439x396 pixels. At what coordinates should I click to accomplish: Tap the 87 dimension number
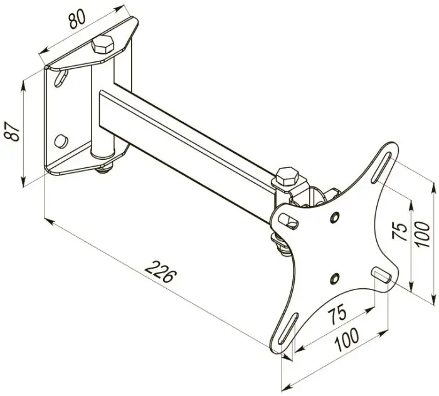[x=13, y=131]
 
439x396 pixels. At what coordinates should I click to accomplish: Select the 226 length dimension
[x=161, y=271]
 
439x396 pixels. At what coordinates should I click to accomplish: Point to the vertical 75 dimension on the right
[x=399, y=231]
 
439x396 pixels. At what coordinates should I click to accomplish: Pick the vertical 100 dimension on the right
[x=422, y=234]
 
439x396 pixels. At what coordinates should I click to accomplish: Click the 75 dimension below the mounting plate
[x=337, y=316]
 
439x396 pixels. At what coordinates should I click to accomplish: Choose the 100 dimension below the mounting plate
[x=347, y=340]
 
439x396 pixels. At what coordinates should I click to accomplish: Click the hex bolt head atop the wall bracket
[x=103, y=44]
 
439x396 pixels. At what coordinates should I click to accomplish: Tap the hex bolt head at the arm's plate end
[x=287, y=176]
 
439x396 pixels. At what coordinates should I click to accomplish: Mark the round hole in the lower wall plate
[x=61, y=141]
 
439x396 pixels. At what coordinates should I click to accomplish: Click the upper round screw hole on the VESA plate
[x=334, y=217]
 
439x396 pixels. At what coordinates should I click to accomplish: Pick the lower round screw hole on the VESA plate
[x=334, y=278]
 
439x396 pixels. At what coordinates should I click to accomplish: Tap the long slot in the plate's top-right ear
[x=381, y=168]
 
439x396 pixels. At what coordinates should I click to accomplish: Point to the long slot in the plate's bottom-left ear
[x=287, y=328]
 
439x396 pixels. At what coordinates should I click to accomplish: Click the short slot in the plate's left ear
[x=289, y=221]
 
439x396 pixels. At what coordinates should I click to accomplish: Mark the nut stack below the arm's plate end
[x=281, y=246]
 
